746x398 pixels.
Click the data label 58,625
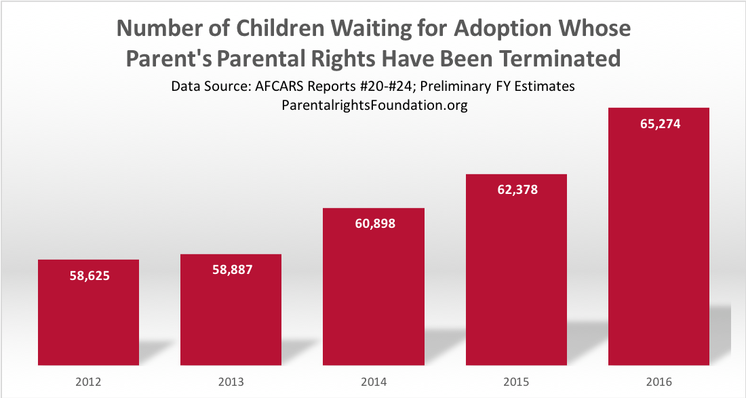[88, 276]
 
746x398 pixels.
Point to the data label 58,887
[231, 270]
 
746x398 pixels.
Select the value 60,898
[373, 224]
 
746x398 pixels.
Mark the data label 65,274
[659, 124]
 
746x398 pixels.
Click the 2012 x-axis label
[88, 382]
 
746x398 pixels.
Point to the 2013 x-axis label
[231, 382]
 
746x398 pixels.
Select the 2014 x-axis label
[373, 382]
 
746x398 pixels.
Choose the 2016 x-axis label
[659, 382]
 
